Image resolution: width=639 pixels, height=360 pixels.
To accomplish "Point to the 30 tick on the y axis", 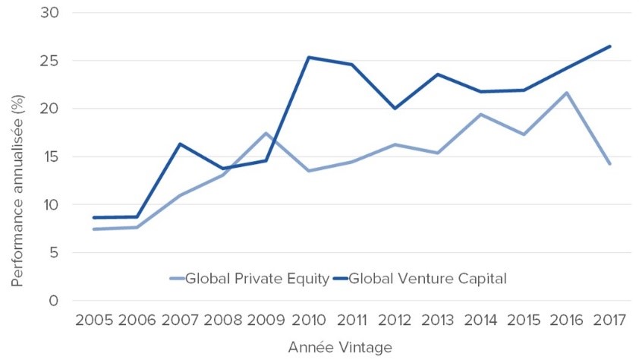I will tap(53, 13).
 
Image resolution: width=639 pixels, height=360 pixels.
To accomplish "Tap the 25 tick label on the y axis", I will tap(53, 61).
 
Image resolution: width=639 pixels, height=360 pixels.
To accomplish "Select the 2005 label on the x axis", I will tap(94, 320).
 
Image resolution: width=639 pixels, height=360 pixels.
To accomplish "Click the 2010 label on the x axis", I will tap(309, 320).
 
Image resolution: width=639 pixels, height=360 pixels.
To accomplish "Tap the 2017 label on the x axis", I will tap(609, 320).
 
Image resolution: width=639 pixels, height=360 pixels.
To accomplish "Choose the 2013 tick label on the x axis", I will tap(438, 320).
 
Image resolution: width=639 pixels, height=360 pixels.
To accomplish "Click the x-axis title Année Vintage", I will tap(340, 347).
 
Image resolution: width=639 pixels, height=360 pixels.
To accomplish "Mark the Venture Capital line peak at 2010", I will tap(309, 57).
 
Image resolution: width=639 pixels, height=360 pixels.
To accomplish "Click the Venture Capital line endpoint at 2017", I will tap(609, 46).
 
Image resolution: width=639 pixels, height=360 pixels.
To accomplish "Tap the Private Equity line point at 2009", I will tap(266, 134).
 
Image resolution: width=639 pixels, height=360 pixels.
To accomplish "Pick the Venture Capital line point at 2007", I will tap(180, 144).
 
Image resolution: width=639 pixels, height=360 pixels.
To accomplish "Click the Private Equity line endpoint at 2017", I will tap(609, 163).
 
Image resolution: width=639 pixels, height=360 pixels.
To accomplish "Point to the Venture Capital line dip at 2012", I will tap(395, 109).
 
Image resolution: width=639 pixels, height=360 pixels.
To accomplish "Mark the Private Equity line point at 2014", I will tap(480, 115).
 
